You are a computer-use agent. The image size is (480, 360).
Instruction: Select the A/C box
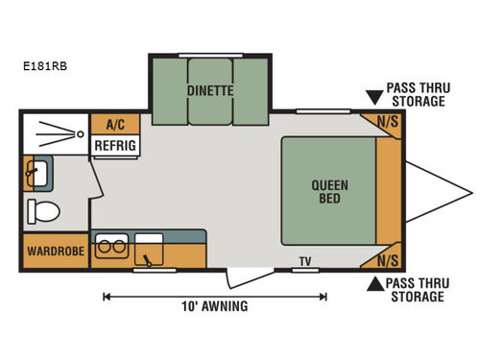(115, 125)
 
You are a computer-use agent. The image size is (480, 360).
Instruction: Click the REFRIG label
(115, 145)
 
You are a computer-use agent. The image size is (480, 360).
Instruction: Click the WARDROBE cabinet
(54, 252)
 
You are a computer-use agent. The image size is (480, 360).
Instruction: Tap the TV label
(305, 260)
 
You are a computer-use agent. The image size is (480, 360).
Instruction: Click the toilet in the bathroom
(43, 210)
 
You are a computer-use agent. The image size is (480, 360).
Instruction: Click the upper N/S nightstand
(388, 123)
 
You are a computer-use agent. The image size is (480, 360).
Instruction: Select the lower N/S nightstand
(388, 259)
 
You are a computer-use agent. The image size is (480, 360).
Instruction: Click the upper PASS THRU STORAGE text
(416, 94)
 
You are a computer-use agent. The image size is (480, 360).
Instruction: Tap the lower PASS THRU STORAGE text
(416, 290)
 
